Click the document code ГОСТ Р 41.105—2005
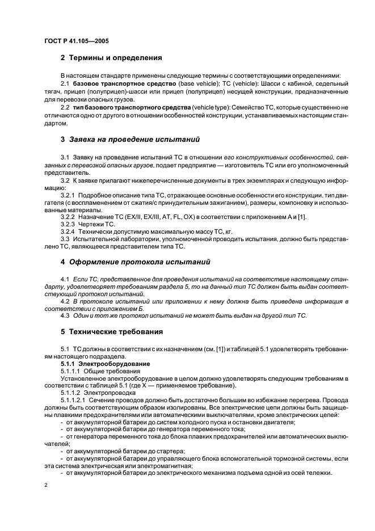pyautogui.click(x=77, y=41)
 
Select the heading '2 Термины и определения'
pyautogui.click(x=111, y=58)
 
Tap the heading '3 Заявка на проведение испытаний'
pyautogui.click(x=129, y=139)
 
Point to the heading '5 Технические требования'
pyautogui.click(x=111, y=331)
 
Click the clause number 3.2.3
pyautogui.click(x=69, y=224)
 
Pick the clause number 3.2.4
pyautogui.click(x=69, y=231)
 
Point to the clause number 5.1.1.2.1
pyautogui.click(x=73, y=399)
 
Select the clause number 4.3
pyautogui.click(x=65, y=315)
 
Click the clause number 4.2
pyautogui.click(x=65, y=301)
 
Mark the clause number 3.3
pyautogui.click(x=65, y=239)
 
